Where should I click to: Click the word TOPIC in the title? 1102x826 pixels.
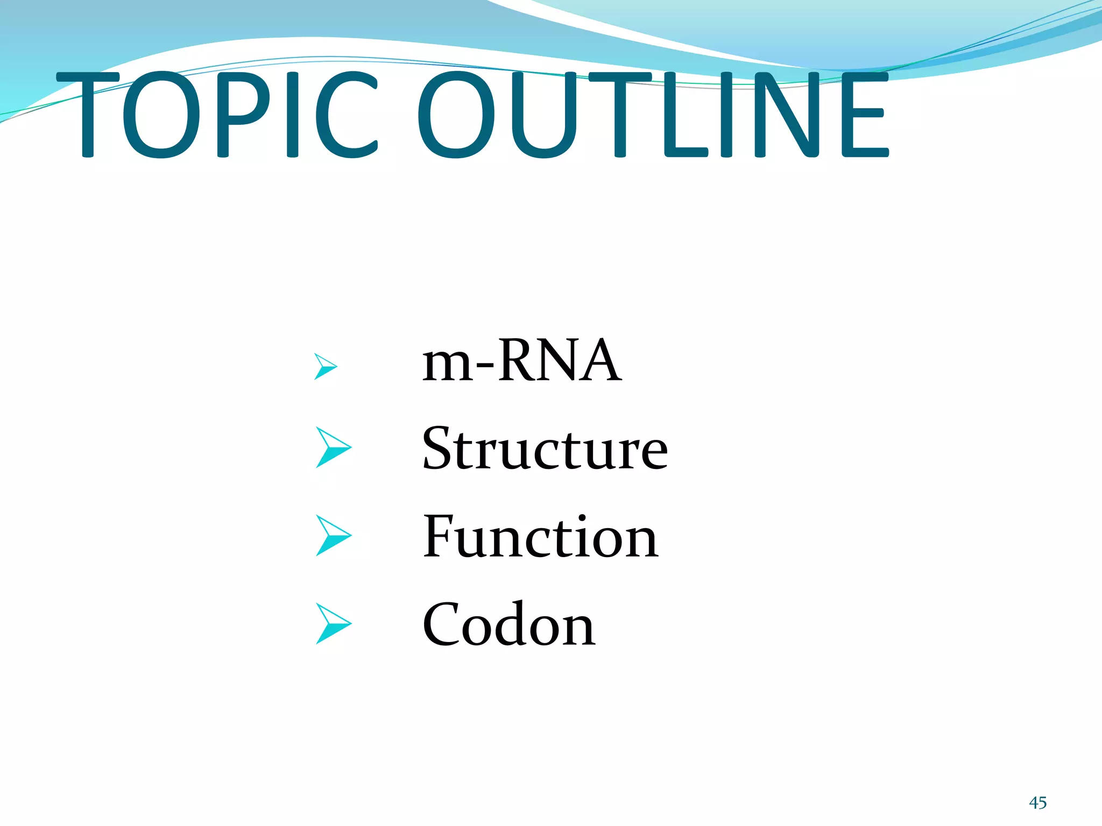point(215,115)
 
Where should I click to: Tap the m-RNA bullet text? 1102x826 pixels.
point(521,361)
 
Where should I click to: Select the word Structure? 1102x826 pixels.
point(545,448)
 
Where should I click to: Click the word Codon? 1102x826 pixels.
point(508,625)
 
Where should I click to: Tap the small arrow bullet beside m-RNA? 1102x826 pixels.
point(325,367)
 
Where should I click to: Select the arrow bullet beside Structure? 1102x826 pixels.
point(333,447)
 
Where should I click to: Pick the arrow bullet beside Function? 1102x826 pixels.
point(333,536)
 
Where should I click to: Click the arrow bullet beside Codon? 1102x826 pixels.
point(333,624)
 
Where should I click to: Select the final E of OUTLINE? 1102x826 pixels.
point(864,115)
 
